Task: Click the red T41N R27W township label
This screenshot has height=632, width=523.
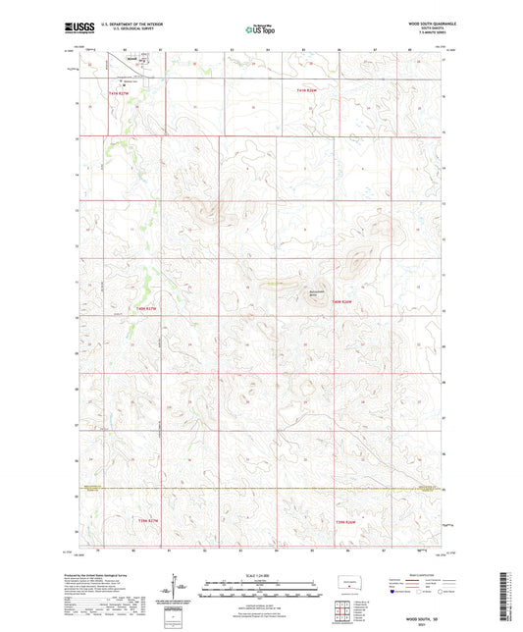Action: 118,92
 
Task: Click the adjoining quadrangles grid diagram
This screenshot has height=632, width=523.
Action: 342,613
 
